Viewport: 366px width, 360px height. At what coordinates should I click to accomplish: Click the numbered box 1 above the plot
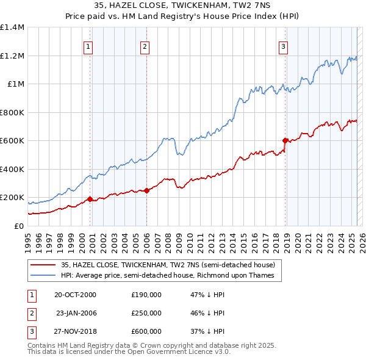(x=88, y=46)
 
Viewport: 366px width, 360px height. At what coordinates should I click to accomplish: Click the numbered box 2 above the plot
(x=145, y=46)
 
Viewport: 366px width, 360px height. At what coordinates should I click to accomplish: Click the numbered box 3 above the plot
(x=284, y=46)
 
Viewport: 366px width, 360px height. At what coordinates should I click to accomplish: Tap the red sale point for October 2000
(x=90, y=199)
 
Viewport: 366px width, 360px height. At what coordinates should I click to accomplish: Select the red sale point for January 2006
(x=146, y=190)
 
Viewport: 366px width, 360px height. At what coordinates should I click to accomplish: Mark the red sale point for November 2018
(x=285, y=141)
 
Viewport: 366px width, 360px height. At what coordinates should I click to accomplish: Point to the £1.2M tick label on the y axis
(x=12, y=56)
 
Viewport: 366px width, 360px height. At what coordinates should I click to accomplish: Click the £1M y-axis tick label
(x=15, y=84)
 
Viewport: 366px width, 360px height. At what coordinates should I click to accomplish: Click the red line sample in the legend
(x=43, y=265)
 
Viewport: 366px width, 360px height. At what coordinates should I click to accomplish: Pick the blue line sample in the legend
(x=43, y=275)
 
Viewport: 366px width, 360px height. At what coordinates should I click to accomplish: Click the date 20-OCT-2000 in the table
(x=75, y=295)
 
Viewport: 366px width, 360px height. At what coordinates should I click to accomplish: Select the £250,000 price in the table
(x=146, y=313)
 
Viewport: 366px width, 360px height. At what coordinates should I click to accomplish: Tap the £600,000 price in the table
(x=146, y=331)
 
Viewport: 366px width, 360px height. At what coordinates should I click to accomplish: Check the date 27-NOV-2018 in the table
(x=75, y=331)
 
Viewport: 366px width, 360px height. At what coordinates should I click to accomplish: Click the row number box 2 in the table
(x=30, y=313)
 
